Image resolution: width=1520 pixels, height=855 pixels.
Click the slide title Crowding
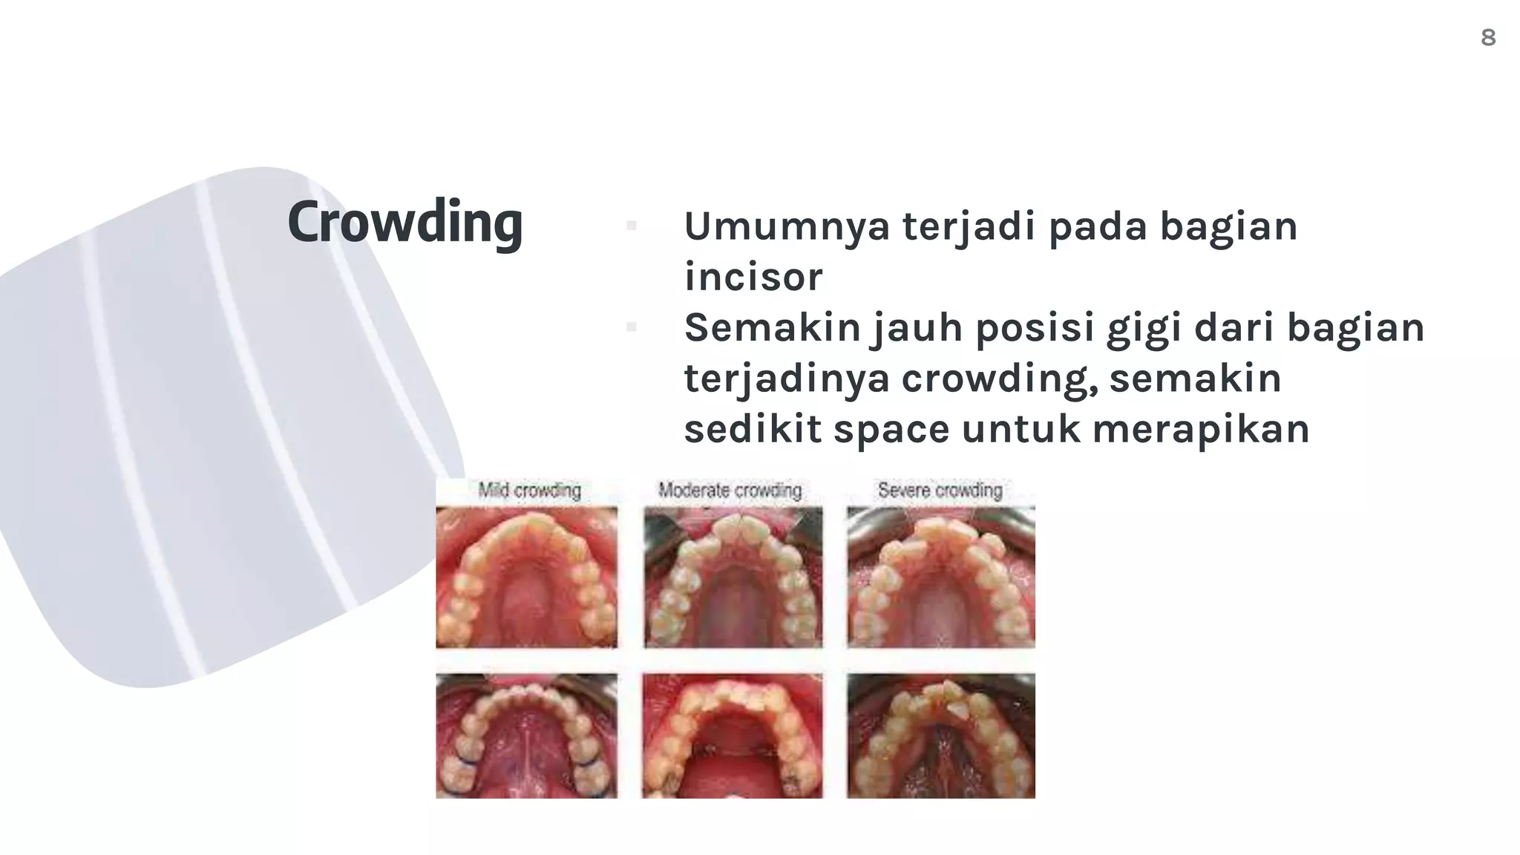[x=404, y=222]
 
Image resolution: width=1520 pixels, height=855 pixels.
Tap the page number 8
[x=1487, y=37]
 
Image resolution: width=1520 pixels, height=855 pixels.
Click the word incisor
[x=753, y=277]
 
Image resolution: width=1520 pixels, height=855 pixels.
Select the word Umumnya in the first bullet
[x=786, y=226]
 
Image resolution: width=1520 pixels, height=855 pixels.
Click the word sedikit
[x=753, y=429]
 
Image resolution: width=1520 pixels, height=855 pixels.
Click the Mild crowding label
[x=529, y=491]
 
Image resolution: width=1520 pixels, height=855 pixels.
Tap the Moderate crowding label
[x=730, y=491]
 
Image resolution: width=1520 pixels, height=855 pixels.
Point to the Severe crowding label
[x=940, y=491]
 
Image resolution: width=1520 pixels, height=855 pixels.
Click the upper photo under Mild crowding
[x=526, y=577]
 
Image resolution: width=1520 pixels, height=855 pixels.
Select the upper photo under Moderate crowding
[x=733, y=577]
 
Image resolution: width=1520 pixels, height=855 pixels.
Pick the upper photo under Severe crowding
[x=940, y=577]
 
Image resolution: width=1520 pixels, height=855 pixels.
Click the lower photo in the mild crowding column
[x=526, y=736]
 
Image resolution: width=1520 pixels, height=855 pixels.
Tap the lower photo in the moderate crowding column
[x=733, y=736]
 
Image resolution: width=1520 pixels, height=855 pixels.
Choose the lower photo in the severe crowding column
[x=940, y=736]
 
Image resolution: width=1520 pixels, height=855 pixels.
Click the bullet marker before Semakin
[x=632, y=327]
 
